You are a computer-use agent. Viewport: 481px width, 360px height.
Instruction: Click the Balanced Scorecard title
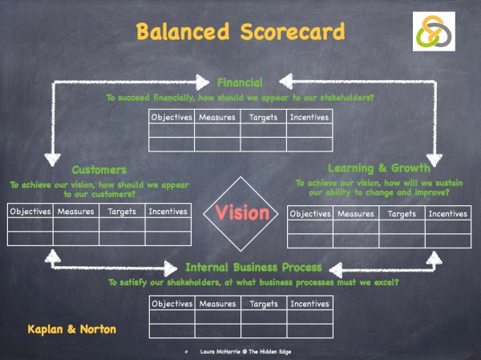(x=240, y=33)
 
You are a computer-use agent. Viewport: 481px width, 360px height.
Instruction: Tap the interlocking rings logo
(x=434, y=32)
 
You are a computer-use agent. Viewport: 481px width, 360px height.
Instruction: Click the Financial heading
(x=240, y=82)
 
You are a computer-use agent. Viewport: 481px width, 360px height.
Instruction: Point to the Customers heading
(x=99, y=170)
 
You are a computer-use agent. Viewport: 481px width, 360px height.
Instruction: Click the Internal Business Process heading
(x=253, y=267)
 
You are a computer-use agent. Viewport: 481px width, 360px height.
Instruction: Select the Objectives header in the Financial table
(x=172, y=117)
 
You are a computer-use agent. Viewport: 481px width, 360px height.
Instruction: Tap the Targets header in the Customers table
(x=122, y=212)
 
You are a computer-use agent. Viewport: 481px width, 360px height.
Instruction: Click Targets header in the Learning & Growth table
(x=402, y=214)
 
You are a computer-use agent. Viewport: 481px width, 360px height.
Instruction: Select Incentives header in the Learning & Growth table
(x=447, y=214)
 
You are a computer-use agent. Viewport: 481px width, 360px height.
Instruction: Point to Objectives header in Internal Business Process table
(x=172, y=304)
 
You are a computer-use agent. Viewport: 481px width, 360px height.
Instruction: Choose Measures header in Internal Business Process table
(x=216, y=304)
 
